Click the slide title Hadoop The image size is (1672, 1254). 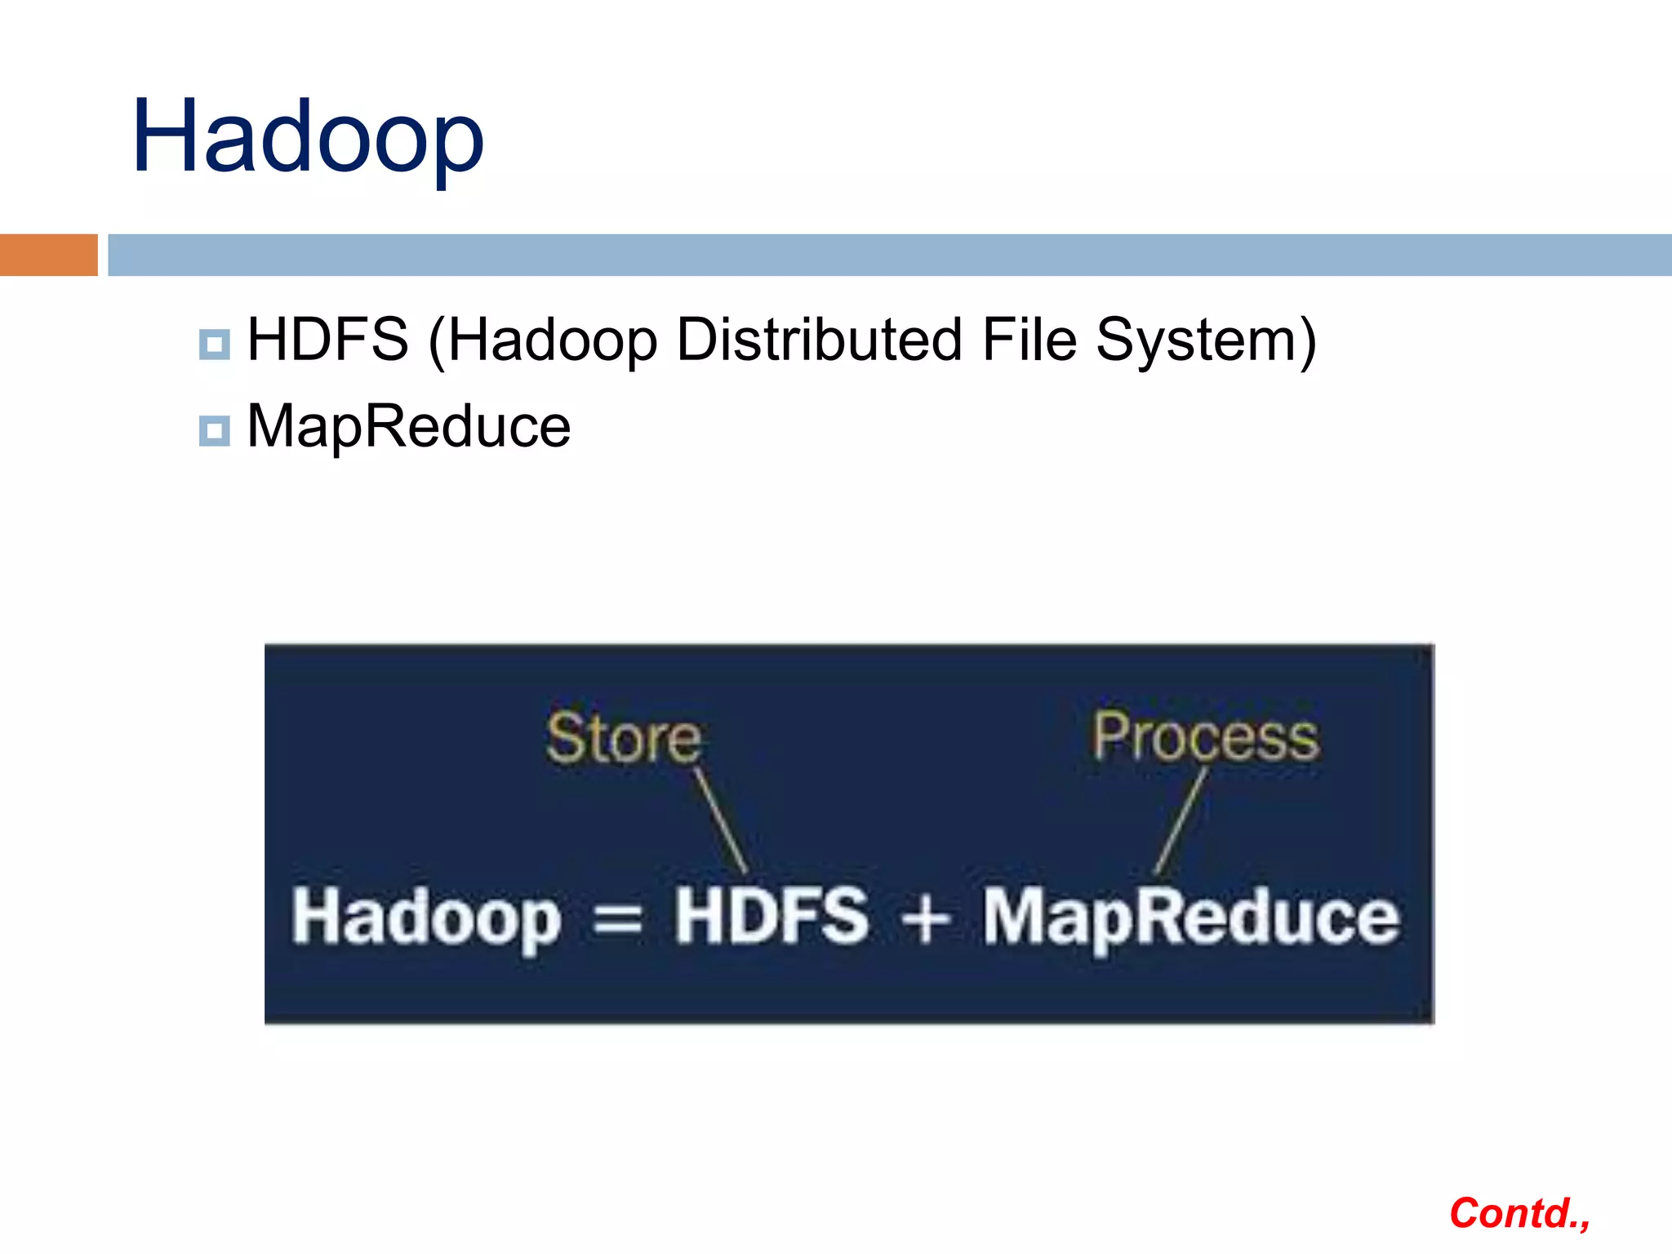(x=308, y=137)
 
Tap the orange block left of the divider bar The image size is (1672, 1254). (x=48, y=255)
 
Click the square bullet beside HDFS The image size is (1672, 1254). (x=214, y=345)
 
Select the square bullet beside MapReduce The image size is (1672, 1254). (x=214, y=430)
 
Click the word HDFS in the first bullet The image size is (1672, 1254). (x=327, y=340)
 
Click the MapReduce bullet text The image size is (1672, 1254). (x=408, y=426)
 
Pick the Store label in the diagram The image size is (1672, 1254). (x=624, y=738)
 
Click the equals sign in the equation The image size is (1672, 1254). (x=618, y=921)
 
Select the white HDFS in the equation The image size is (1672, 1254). (x=771, y=916)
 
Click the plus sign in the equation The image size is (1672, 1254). (x=925, y=919)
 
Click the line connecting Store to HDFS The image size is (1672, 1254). (x=721, y=820)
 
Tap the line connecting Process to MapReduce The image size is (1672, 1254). (x=1181, y=820)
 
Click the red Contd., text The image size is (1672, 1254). (x=1519, y=1214)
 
